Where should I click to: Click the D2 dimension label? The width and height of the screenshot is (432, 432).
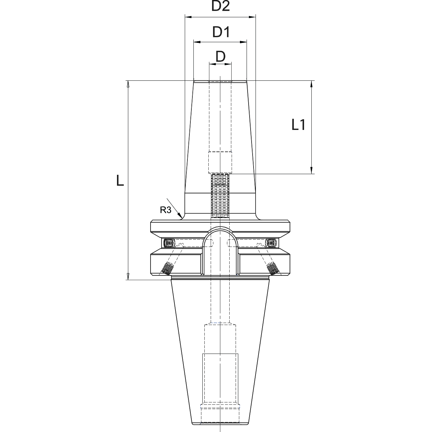tap(221, 6)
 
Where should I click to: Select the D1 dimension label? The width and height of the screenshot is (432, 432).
tap(221, 32)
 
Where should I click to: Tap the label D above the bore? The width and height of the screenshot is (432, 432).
tap(220, 57)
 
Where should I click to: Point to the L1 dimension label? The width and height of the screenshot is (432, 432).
tap(298, 125)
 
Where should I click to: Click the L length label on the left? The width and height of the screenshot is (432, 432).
tap(120, 181)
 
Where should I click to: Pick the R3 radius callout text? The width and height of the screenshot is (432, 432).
tap(165, 210)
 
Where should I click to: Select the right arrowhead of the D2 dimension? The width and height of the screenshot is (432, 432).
tap(253, 17)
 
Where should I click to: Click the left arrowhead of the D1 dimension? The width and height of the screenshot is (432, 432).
tap(197, 42)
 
